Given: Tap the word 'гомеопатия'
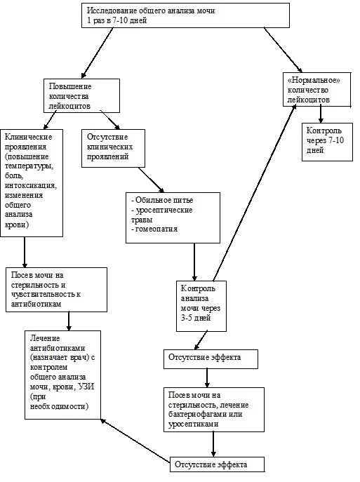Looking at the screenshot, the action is click(156, 229).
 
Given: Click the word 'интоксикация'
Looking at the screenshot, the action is click(30, 186).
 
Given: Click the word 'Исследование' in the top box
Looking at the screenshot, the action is click(112, 11).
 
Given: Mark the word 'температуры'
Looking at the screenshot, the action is click(29, 166).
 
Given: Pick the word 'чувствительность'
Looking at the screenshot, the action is click(43, 294).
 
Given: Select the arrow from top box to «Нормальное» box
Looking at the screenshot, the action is click(283, 50).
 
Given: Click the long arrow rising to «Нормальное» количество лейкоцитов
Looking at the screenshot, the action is click(255, 192).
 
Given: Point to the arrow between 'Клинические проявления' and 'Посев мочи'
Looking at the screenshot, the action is click(25, 252).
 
